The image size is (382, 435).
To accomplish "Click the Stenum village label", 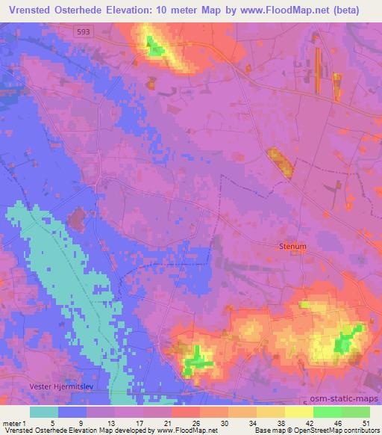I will (292, 245).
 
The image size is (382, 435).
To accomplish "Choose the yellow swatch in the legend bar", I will (298, 412).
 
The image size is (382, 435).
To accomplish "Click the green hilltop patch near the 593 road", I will (154, 49).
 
